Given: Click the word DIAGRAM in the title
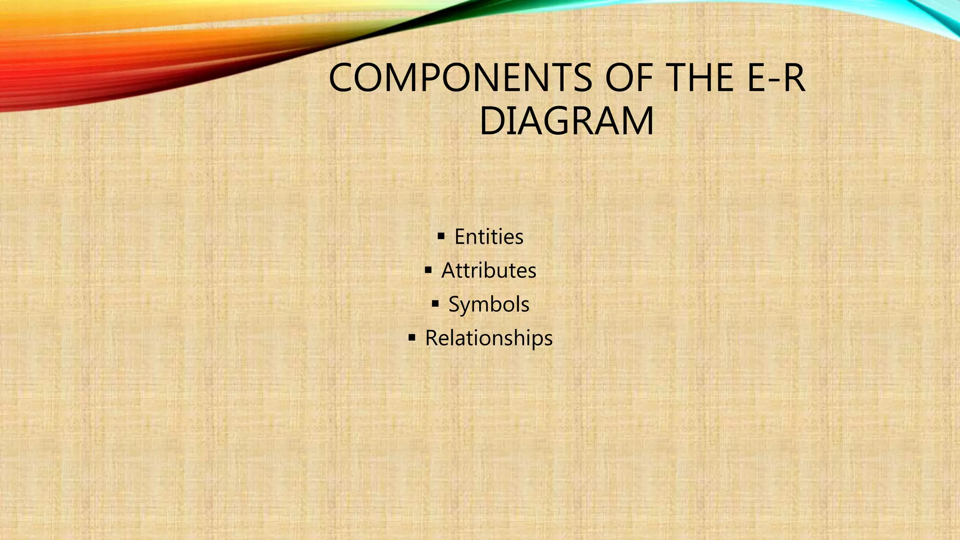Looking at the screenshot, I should pyautogui.click(x=566, y=121).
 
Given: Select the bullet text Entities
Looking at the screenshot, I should pyautogui.click(x=488, y=237).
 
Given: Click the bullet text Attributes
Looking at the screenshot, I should pyautogui.click(x=488, y=270).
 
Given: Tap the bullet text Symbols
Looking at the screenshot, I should pyautogui.click(x=488, y=304).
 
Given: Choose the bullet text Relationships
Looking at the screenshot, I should pyautogui.click(x=488, y=338).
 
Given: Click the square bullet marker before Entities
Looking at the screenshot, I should pyautogui.click(x=441, y=236).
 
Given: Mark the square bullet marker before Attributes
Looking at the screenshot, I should pyautogui.click(x=428, y=270).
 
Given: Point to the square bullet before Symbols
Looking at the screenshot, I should pyautogui.click(x=435, y=303).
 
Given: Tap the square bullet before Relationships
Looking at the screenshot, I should pyautogui.click(x=412, y=337).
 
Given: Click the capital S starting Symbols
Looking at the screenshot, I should pyautogui.click(x=454, y=304).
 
